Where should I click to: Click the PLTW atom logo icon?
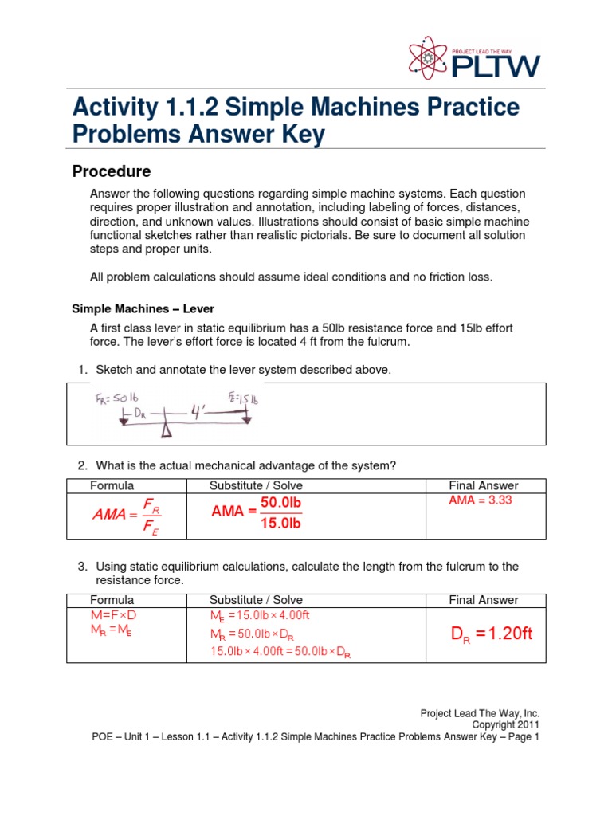point(429,58)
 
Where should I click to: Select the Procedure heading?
point(112,171)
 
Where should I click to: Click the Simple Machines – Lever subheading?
point(143,308)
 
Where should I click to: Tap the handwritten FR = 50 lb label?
point(116,398)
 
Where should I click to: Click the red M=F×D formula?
point(120,616)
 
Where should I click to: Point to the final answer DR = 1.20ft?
point(491,634)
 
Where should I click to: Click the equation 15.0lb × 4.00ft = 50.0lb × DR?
point(281,652)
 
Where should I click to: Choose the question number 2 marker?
point(81,465)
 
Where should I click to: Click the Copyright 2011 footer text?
point(506,725)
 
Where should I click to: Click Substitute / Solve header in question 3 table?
point(256,600)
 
